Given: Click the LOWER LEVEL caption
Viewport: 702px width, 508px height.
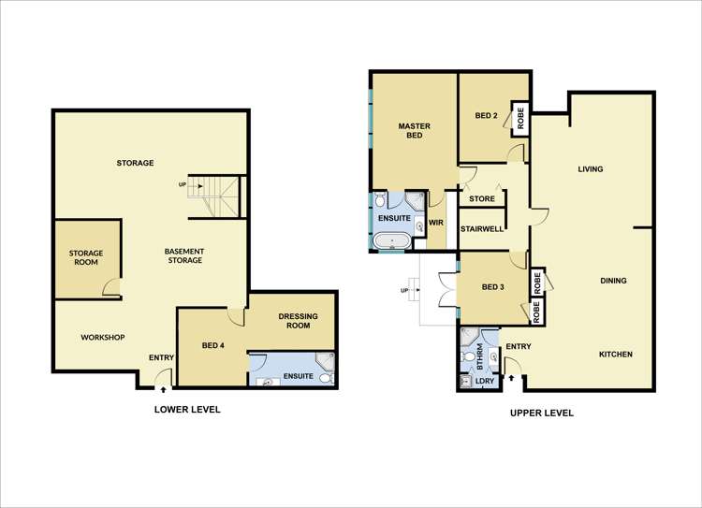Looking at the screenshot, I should [187, 409].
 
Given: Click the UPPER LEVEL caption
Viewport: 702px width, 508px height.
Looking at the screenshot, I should [542, 413].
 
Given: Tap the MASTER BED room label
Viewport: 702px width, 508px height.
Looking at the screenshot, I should [413, 130].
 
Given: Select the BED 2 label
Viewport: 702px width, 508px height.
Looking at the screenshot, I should [485, 116].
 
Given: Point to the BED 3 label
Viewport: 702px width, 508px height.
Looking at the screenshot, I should [491, 287].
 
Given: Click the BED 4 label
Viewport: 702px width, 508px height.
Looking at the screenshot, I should [212, 345].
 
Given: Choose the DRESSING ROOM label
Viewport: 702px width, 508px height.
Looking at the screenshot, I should [299, 321].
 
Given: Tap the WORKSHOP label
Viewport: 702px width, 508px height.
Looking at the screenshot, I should [103, 337].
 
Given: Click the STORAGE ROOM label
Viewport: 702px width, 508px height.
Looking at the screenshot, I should [86, 258].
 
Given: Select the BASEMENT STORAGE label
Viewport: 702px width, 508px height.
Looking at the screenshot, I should [183, 255].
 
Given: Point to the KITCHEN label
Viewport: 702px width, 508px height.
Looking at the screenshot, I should [616, 355].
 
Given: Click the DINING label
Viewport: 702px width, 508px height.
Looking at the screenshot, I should [613, 281].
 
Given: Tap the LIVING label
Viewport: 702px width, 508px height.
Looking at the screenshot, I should [590, 169].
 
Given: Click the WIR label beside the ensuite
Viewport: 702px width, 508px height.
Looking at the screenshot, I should [436, 223].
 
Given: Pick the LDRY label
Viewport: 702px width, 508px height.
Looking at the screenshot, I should [485, 381].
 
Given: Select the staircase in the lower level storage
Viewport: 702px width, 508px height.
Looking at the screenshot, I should [215, 195].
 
